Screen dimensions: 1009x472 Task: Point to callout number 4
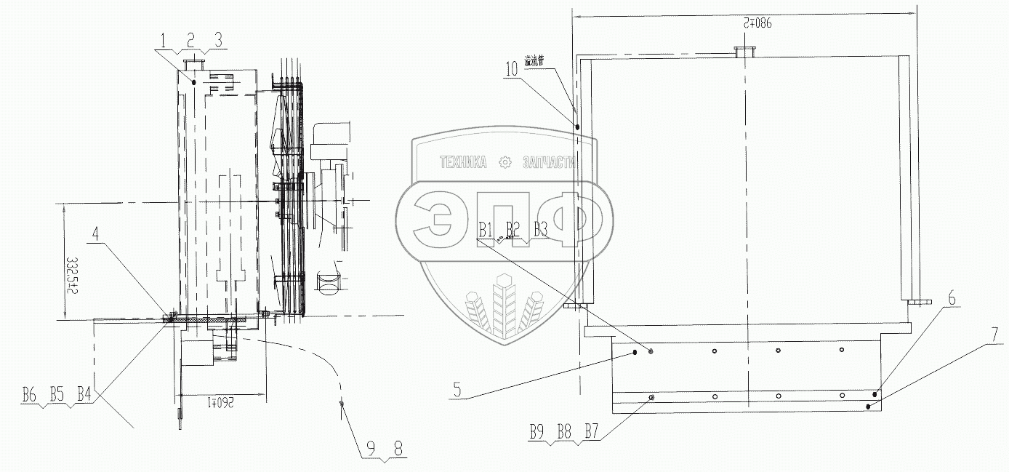97,234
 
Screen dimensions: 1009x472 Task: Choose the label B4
84,397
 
